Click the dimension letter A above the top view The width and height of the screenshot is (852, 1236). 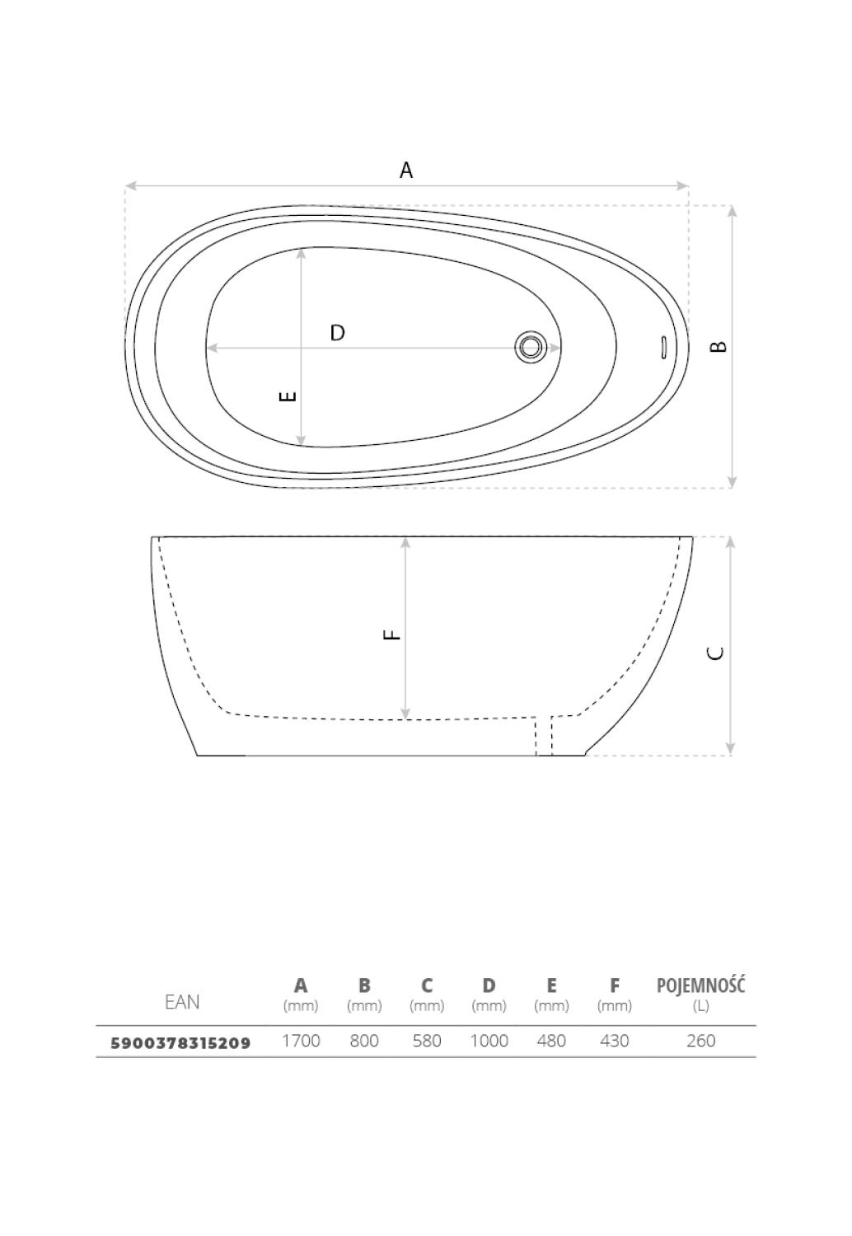coord(405,170)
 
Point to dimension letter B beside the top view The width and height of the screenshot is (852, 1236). coord(718,347)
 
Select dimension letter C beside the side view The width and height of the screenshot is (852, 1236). coord(715,653)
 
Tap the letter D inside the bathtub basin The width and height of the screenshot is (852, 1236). coord(337,333)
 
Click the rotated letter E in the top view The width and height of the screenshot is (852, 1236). coord(288,396)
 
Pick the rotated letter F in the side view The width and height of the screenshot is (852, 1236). coord(391,635)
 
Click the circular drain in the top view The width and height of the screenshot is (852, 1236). coord(531,347)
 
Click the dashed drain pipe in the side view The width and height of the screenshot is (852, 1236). coord(544,736)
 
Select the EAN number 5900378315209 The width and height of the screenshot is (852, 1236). coord(181,1043)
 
